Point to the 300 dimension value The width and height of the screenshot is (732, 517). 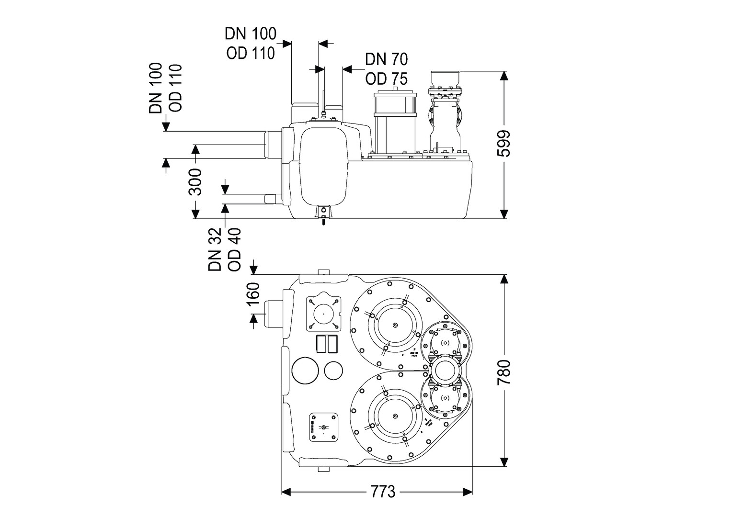[195, 182]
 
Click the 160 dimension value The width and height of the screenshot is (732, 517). [252, 293]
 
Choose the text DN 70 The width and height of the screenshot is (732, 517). [386, 59]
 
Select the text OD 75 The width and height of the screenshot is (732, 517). [386, 79]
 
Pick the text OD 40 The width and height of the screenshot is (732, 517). [234, 249]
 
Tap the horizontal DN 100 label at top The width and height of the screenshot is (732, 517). [251, 34]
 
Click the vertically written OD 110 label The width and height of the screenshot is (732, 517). [176, 88]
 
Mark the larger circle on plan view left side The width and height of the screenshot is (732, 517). [306, 370]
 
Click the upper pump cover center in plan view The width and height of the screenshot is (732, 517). [395, 326]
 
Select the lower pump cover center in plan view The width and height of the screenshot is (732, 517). [395, 416]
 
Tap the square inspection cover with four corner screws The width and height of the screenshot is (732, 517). [323, 314]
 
